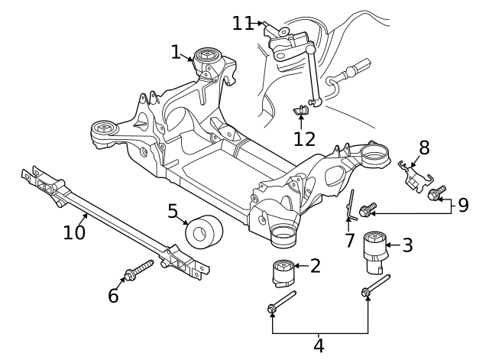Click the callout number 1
(x=176, y=52)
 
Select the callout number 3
(x=407, y=245)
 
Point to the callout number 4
(x=319, y=345)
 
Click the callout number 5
(x=173, y=211)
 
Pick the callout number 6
(x=113, y=295)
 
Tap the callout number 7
(x=349, y=241)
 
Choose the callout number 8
(x=424, y=148)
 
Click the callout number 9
(x=463, y=204)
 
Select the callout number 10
(x=74, y=231)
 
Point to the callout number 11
(x=243, y=24)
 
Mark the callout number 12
(x=304, y=138)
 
